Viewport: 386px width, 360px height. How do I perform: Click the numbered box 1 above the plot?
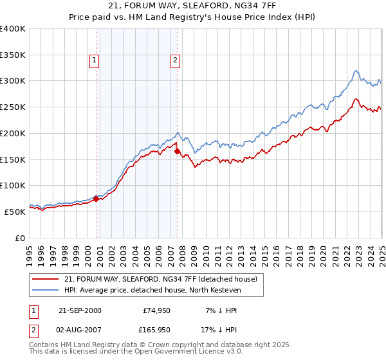pyautogui.click(x=95, y=61)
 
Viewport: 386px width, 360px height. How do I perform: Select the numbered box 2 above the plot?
pyautogui.click(x=175, y=61)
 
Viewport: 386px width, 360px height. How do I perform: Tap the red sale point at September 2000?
pyautogui.click(x=96, y=199)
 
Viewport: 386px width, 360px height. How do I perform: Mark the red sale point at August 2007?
pyautogui.click(x=177, y=151)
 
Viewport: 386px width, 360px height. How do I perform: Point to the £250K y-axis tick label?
pyautogui.click(x=13, y=107)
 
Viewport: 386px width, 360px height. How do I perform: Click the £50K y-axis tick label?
pyautogui.click(x=15, y=212)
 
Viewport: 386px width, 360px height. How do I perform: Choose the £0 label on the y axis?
pyautogui.click(x=20, y=238)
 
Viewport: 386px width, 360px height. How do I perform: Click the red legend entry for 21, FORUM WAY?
pyautogui.click(x=161, y=279)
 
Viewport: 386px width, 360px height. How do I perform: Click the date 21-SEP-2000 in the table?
pyautogui.click(x=80, y=310)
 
